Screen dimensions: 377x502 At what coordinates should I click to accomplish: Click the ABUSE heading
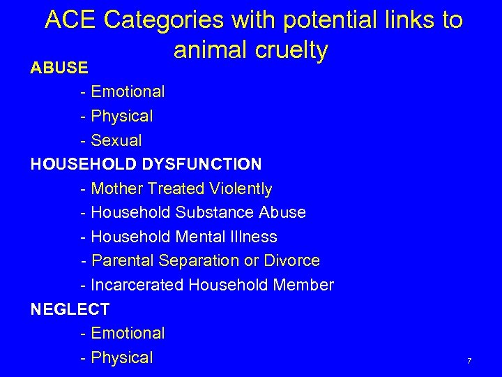click(x=59, y=68)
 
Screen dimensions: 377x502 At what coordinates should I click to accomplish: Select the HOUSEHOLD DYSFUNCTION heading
click(x=146, y=164)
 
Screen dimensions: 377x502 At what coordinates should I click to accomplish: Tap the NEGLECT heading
click(x=70, y=309)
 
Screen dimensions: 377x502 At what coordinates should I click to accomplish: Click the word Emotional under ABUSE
click(x=128, y=91)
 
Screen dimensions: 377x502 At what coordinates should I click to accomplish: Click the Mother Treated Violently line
click(x=176, y=188)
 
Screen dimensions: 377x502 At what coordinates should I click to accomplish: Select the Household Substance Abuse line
click(x=193, y=212)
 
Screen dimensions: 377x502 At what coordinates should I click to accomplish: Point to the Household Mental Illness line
click(x=178, y=237)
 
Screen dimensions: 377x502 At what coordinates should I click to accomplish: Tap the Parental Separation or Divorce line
click(x=200, y=261)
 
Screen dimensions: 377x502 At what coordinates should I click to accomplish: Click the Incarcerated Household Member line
click(x=207, y=285)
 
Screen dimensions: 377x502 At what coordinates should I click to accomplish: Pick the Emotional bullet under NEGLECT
click(x=128, y=333)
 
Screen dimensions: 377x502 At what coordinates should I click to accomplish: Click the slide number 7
click(x=469, y=361)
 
